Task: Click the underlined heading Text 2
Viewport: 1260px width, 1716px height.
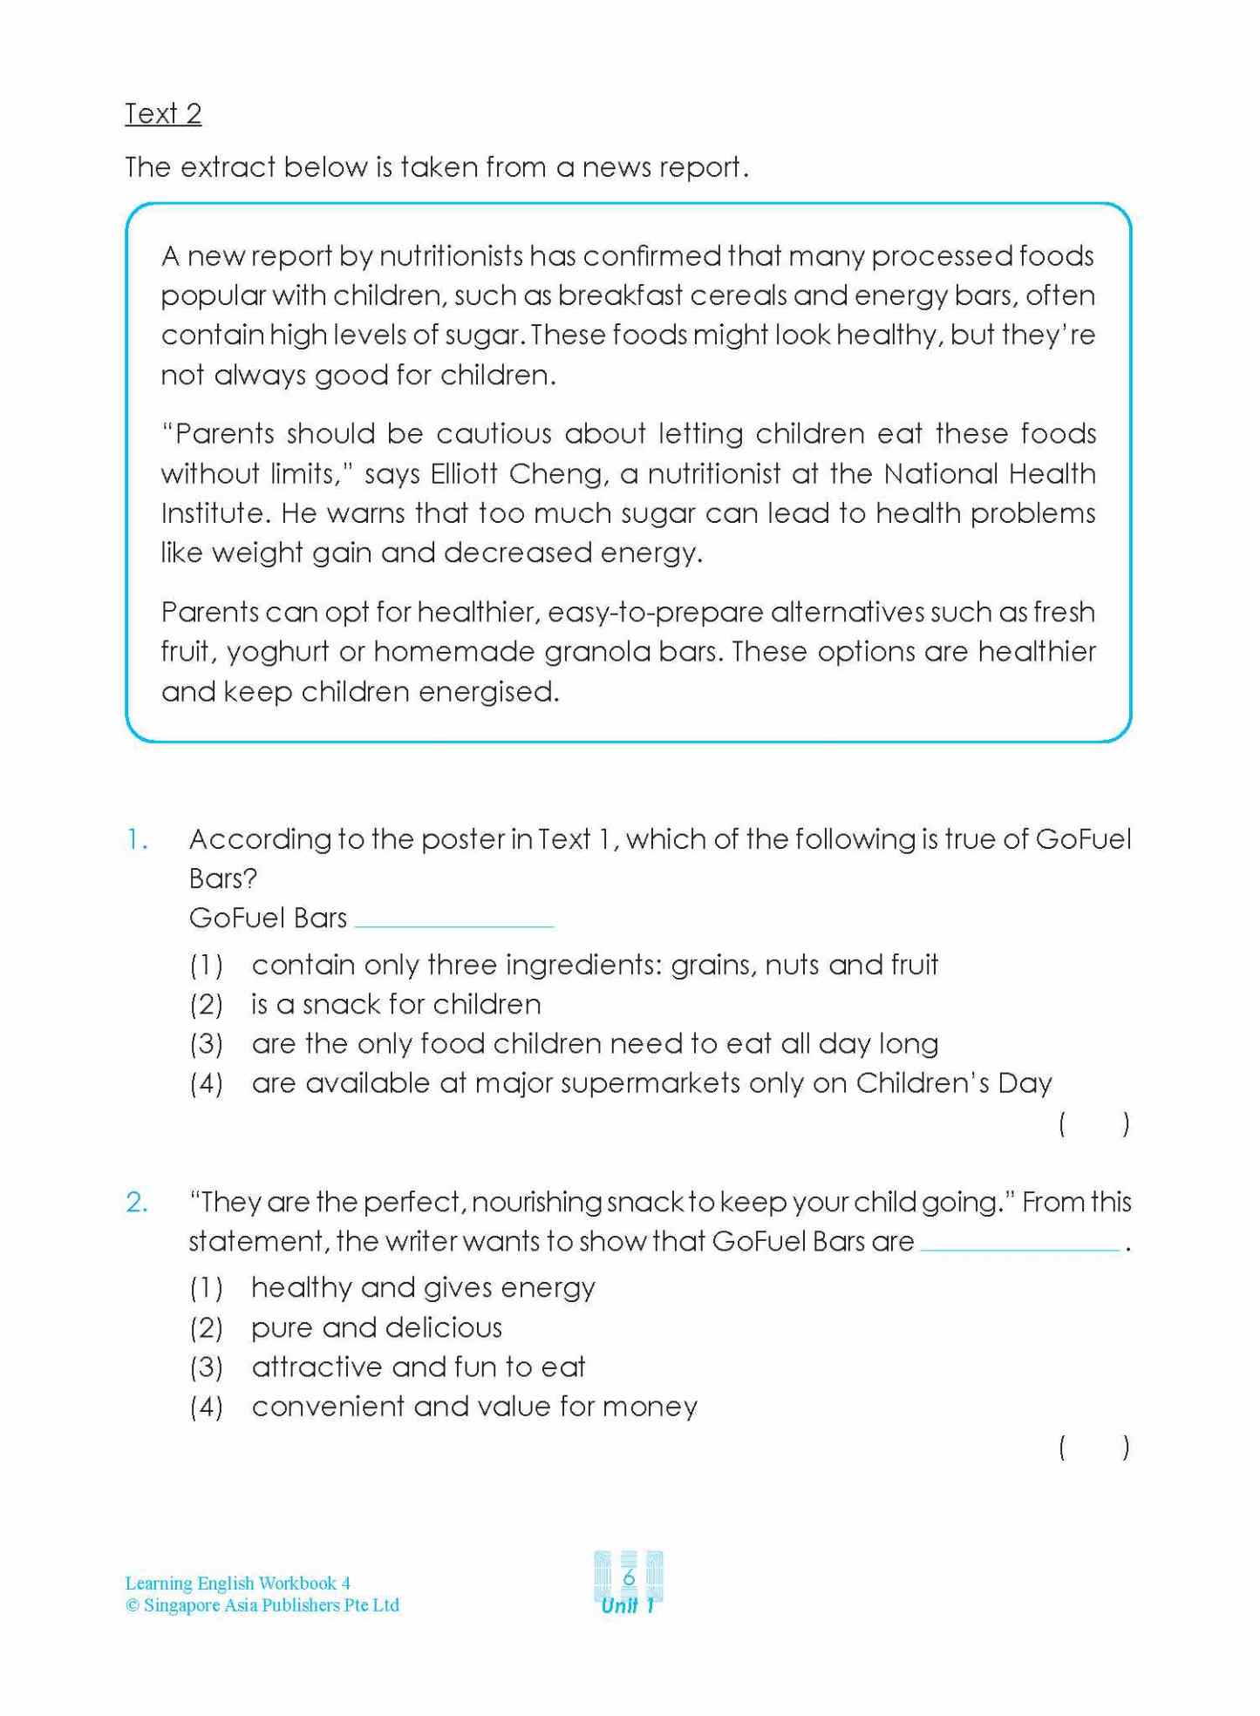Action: [163, 114]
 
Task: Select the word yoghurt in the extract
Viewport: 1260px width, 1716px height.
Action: [278, 653]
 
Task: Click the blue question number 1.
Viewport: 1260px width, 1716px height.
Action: [137, 840]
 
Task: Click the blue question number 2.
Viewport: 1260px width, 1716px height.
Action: [137, 1203]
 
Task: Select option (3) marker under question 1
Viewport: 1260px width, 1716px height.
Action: [207, 1045]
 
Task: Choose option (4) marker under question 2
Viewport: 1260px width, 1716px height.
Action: [207, 1407]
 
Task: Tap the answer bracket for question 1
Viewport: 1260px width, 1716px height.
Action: [1094, 1124]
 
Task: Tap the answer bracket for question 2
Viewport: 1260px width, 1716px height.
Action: [1094, 1448]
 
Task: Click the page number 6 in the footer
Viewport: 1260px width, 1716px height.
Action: [629, 1577]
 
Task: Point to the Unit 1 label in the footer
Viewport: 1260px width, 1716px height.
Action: [628, 1605]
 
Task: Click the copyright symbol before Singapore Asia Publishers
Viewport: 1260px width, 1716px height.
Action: [133, 1606]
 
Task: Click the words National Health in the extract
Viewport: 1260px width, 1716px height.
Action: [990, 474]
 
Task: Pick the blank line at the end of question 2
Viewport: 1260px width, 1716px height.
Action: [1019, 1249]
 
